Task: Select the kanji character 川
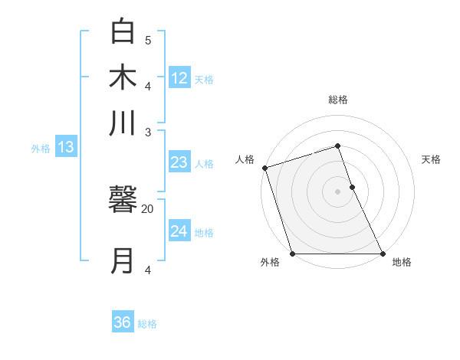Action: coord(124,123)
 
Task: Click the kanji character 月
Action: coord(124,260)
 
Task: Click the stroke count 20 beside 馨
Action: coord(148,208)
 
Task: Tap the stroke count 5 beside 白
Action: coord(148,40)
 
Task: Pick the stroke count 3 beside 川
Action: coord(148,133)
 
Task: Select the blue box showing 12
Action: coord(179,77)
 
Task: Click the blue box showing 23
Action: coord(179,162)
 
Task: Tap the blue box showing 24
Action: coord(179,231)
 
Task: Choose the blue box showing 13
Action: coord(65,147)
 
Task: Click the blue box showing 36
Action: coord(123,322)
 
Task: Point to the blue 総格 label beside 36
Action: coord(147,324)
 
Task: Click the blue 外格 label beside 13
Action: coord(41,149)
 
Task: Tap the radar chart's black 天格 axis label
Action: coord(431,159)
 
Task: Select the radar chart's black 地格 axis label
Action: coord(402,263)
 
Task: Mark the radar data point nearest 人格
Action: coord(264,168)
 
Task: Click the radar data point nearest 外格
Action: coord(292,254)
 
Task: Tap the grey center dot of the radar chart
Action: coord(337,191)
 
